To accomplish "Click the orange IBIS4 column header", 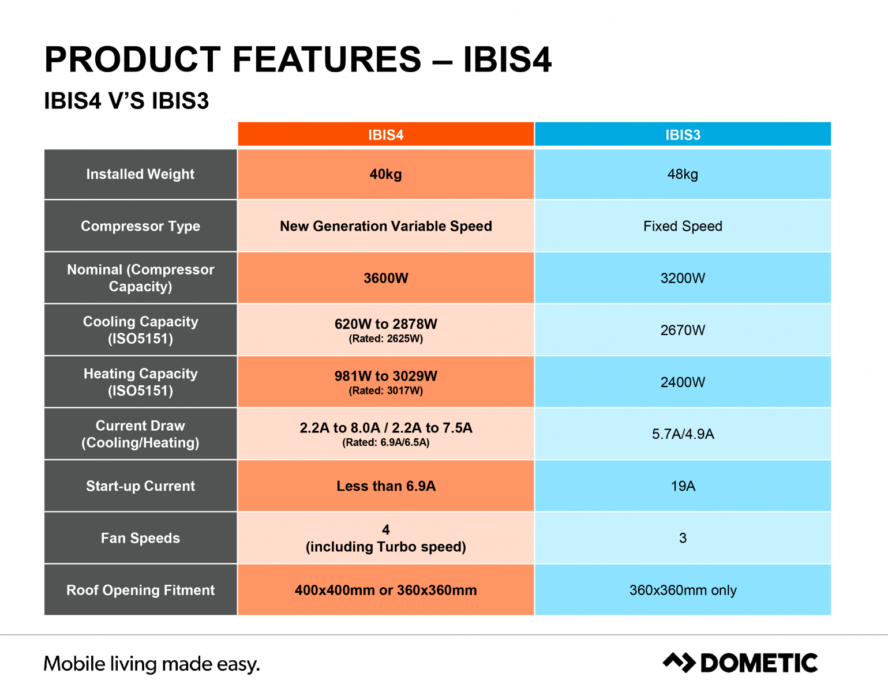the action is click(386, 134).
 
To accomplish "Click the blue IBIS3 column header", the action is click(683, 134).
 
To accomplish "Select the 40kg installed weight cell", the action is click(386, 174).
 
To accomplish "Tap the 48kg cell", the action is click(683, 174).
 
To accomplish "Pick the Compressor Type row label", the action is click(141, 226).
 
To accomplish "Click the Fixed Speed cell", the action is click(683, 226).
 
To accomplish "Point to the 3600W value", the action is click(386, 278).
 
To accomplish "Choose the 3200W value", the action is click(683, 278).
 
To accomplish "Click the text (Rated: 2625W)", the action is click(386, 339).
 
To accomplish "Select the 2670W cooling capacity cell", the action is click(683, 330).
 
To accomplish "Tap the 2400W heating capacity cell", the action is click(683, 382).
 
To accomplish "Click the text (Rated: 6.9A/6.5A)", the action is click(386, 442).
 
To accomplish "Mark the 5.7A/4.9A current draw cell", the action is click(683, 434).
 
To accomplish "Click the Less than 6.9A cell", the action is click(386, 486).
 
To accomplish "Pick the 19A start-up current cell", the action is click(683, 486).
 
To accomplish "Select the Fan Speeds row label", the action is click(141, 538).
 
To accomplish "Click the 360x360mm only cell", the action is click(683, 590).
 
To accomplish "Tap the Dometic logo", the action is click(740, 663).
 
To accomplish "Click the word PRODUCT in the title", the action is click(133, 59).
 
